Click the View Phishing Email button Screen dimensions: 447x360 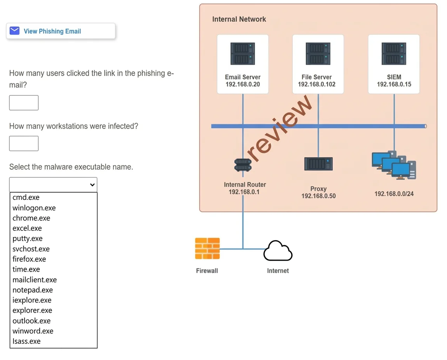pyautogui.click(x=61, y=31)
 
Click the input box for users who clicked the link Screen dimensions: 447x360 pyautogui.click(x=24, y=102)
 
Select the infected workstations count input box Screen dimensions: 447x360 pyautogui.click(x=24, y=143)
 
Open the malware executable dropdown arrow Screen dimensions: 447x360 pyautogui.click(x=92, y=185)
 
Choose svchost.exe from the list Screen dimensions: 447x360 pyautogui.click(x=31, y=249)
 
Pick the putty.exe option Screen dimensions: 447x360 pyautogui.click(x=27, y=239)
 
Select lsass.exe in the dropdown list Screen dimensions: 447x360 pyautogui.click(x=26, y=341)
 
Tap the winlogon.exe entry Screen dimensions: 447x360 pyautogui.click(x=34, y=208)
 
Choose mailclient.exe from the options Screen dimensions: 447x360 pyautogui.click(x=35, y=280)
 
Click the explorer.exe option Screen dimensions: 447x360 pyautogui.click(x=32, y=310)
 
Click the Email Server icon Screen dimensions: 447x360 pyautogui.click(x=243, y=54)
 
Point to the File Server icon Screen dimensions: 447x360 pyautogui.click(x=318, y=54)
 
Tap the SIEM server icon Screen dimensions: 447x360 pyautogui.click(x=394, y=54)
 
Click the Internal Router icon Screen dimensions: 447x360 pyautogui.click(x=243, y=164)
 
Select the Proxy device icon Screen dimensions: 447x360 pyautogui.click(x=318, y=164)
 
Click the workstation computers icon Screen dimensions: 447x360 pyautogui.click(x=394, y=165)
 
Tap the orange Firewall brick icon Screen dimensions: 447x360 pyautogui.click(x=207, y=248)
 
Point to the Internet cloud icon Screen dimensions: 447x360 pyautogui.click(x=278, y=251)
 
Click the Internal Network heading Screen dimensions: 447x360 pyautogui.click(x=239, y=19)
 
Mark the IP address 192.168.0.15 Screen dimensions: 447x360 pyautogui.click(x=394, y=84)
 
